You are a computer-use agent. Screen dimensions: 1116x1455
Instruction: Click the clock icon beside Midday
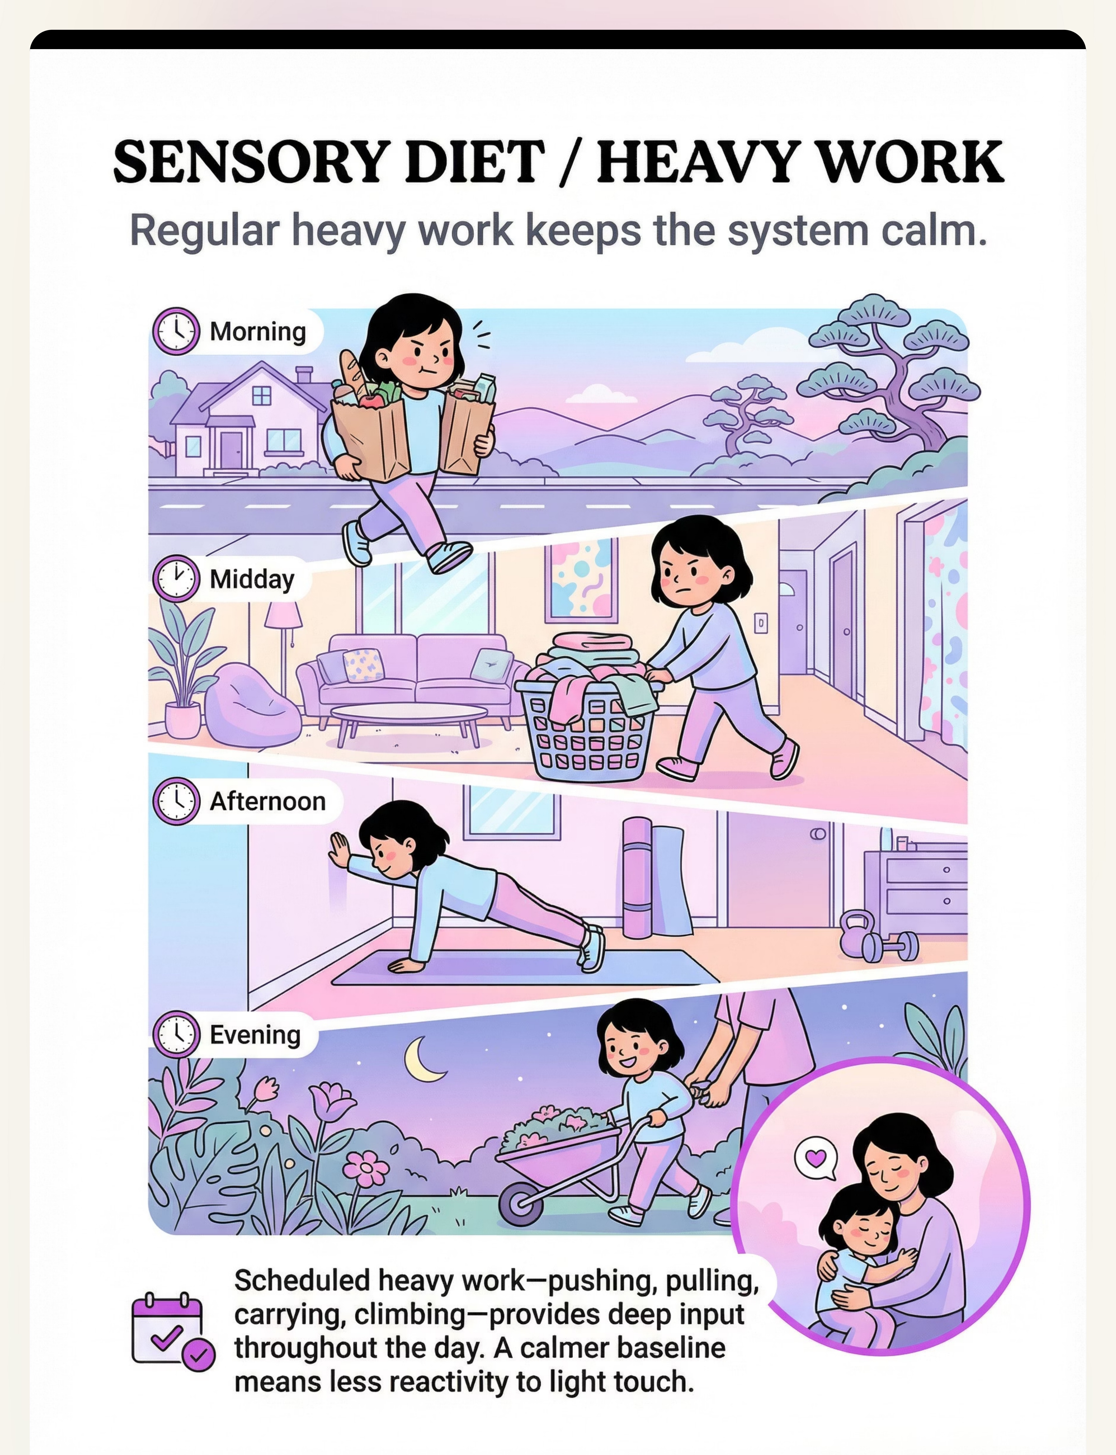coord(176,579)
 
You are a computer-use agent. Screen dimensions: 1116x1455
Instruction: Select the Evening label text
coord(255,1034)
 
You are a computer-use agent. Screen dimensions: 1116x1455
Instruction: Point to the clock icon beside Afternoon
coord(176,801)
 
